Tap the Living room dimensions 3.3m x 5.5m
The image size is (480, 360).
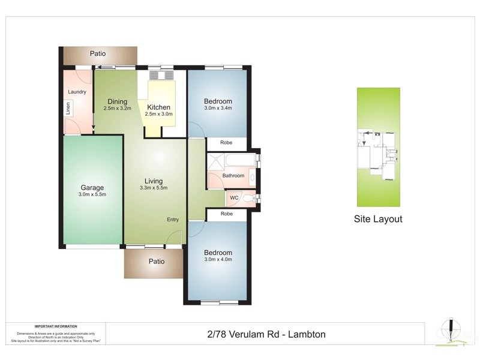point(154,188)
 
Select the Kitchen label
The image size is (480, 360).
point(159,107)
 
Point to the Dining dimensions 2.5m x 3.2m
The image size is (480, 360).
point(117,109)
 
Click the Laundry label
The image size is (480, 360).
point(77,92)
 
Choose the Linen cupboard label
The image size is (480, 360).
point(68,109)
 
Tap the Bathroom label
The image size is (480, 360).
point(234,176)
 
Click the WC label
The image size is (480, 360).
point(234,198)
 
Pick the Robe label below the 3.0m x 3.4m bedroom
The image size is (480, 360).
point(226,143)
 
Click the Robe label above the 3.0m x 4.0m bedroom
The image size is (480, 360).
point(226,214)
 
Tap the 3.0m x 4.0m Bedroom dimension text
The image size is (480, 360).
point(218,260)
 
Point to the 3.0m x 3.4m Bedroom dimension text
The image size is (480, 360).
point(218,109)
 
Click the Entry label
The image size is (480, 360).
point(173,220)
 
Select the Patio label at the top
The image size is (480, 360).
point(98,53)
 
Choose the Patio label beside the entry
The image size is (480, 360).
point(155,262)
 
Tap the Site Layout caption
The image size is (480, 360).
point(378,219)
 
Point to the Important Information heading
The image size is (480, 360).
point(56,326)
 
